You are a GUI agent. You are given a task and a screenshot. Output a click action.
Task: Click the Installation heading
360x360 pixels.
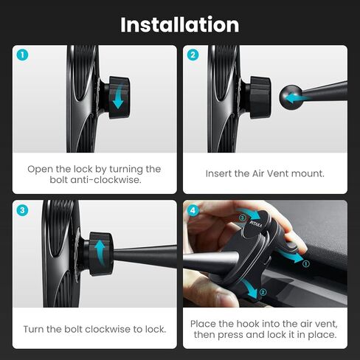(x=180, y=25)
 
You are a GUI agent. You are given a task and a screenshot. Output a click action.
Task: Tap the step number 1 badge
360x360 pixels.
(x=23, y=55)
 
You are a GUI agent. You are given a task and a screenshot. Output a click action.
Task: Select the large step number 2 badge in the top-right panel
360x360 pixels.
(x=193, y=55)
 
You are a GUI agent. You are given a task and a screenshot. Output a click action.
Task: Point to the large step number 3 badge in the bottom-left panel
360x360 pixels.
(x=23, y=210)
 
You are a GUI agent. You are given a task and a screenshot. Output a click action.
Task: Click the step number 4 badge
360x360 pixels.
(x=193, y=210)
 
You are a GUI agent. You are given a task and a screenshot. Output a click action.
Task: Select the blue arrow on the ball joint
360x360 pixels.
(x=297, y=99)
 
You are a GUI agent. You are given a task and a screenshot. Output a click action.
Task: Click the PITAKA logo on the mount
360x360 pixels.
(x=256, y=224)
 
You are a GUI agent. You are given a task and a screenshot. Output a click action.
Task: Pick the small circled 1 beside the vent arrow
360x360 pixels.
(x=306, y=264)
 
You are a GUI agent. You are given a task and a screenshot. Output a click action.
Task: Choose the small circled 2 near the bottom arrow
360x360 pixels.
(x=263, y=292)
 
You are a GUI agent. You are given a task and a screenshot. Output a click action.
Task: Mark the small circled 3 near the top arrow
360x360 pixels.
(x=242, y=218)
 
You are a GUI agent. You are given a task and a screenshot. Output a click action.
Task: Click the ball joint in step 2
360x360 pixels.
(x=291, y=97)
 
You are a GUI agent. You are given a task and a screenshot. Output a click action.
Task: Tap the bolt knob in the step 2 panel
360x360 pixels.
(x=260, y=97)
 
